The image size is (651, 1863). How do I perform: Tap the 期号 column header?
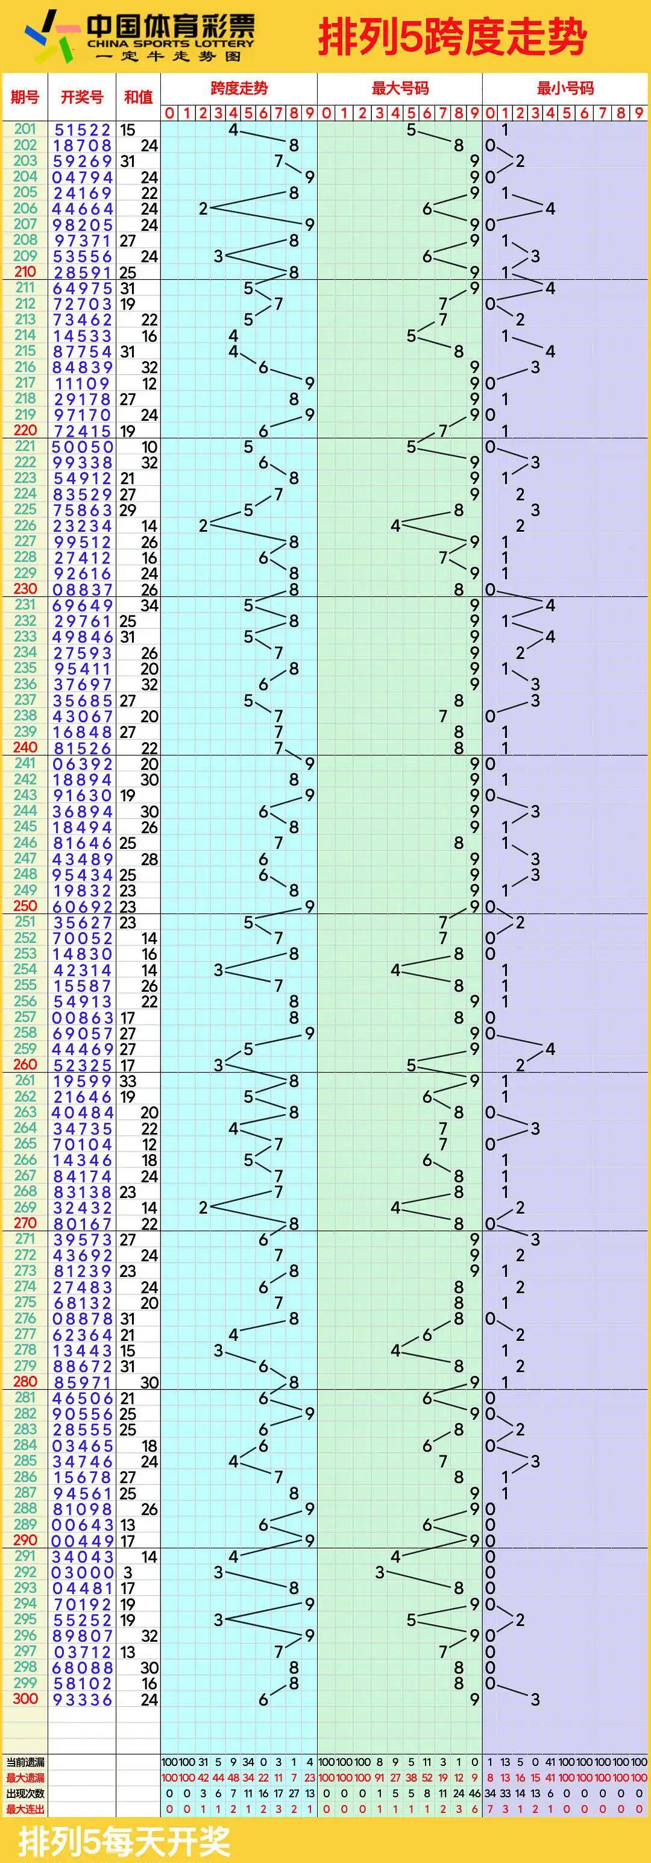tap(25, 97)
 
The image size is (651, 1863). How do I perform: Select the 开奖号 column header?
tap(82, 97)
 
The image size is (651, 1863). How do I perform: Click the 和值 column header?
tap(138, 97)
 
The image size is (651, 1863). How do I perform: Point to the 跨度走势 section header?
tap(239, 88)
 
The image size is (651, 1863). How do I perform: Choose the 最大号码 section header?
tap(400, 88)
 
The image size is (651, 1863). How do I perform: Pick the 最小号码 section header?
tap(565, 88)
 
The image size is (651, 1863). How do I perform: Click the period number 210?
tap(25, 272)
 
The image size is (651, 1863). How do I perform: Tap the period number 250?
tap(25, 906)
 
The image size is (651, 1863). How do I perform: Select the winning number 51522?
tap(82, 130)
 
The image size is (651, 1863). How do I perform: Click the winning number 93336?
tap(82, 1700)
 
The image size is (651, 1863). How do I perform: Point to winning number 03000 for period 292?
tap(82, 1573)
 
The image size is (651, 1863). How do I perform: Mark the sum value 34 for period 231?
tap(149, 605)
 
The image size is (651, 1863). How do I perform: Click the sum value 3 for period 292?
tap(128, 1573)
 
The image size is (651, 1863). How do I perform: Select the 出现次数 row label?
tap(25, 1794)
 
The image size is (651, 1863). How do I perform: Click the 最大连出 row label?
tap(25, 1809)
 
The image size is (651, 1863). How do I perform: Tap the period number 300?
tap(25, 1699)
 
